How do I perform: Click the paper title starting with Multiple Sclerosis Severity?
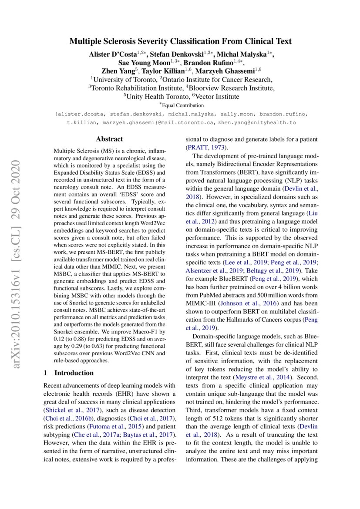pos(180,42)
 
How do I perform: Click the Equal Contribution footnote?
pos(181,105)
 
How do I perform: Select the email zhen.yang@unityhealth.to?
pos(257,123)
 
